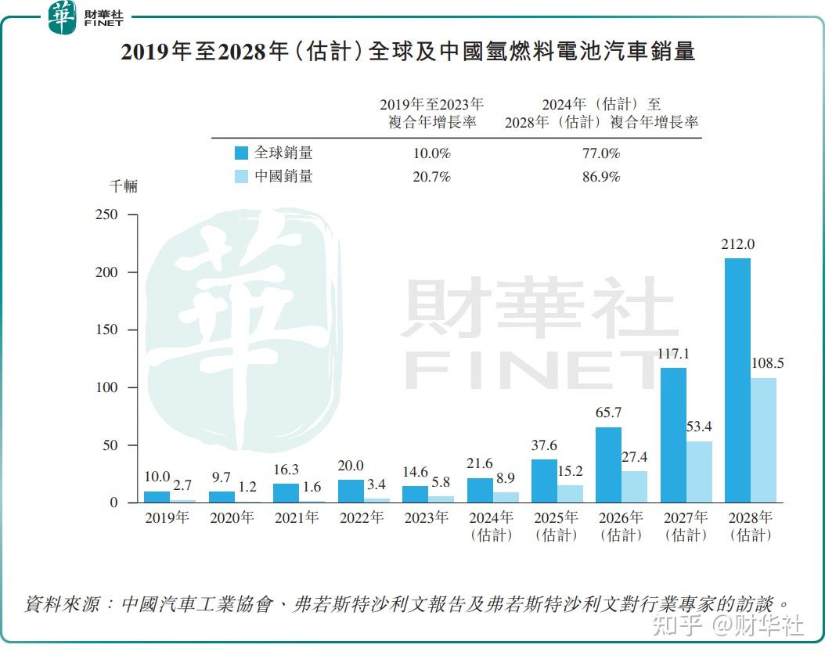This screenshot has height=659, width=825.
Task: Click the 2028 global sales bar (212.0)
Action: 737,380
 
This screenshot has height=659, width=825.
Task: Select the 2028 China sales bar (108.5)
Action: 764,440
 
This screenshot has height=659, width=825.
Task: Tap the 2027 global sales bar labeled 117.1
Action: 673,435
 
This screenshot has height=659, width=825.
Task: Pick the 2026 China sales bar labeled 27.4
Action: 635,486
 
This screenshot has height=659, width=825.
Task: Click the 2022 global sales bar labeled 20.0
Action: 351,491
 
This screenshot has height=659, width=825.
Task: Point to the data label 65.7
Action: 608,412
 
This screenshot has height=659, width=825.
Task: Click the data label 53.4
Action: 700,427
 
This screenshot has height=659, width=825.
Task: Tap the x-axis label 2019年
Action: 167,517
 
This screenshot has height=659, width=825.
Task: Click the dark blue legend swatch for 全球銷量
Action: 241,153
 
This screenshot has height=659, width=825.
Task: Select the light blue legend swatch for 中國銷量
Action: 241,177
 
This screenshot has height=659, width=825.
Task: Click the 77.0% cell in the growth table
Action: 601,153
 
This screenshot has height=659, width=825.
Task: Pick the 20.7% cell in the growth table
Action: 431,177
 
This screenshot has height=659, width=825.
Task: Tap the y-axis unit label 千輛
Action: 123,186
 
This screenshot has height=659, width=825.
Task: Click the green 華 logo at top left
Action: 62,18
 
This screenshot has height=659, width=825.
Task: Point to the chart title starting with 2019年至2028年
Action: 408,52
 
